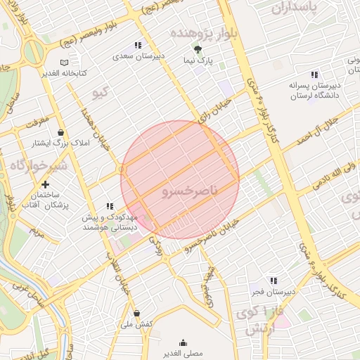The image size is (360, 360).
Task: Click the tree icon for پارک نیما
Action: pyautogui.click(x=198, y=49)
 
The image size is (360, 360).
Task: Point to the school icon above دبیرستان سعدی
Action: pyautogui.click(x=138, y=44)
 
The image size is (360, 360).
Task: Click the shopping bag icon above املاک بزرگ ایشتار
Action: pyautogui.click(x=61, y=132)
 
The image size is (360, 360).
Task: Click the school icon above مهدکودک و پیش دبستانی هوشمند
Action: pyautogui.click(x=110, y=207)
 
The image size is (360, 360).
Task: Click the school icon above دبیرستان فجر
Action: pyautogui.click(x=273, y=281)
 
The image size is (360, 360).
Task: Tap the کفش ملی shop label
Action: pyautogui.click(x=136, y=325)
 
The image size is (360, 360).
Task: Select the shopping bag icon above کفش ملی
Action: pyautogui.click(x=136, y=314)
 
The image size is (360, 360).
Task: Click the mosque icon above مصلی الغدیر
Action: pyautogui.click(x=183, y=342)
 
